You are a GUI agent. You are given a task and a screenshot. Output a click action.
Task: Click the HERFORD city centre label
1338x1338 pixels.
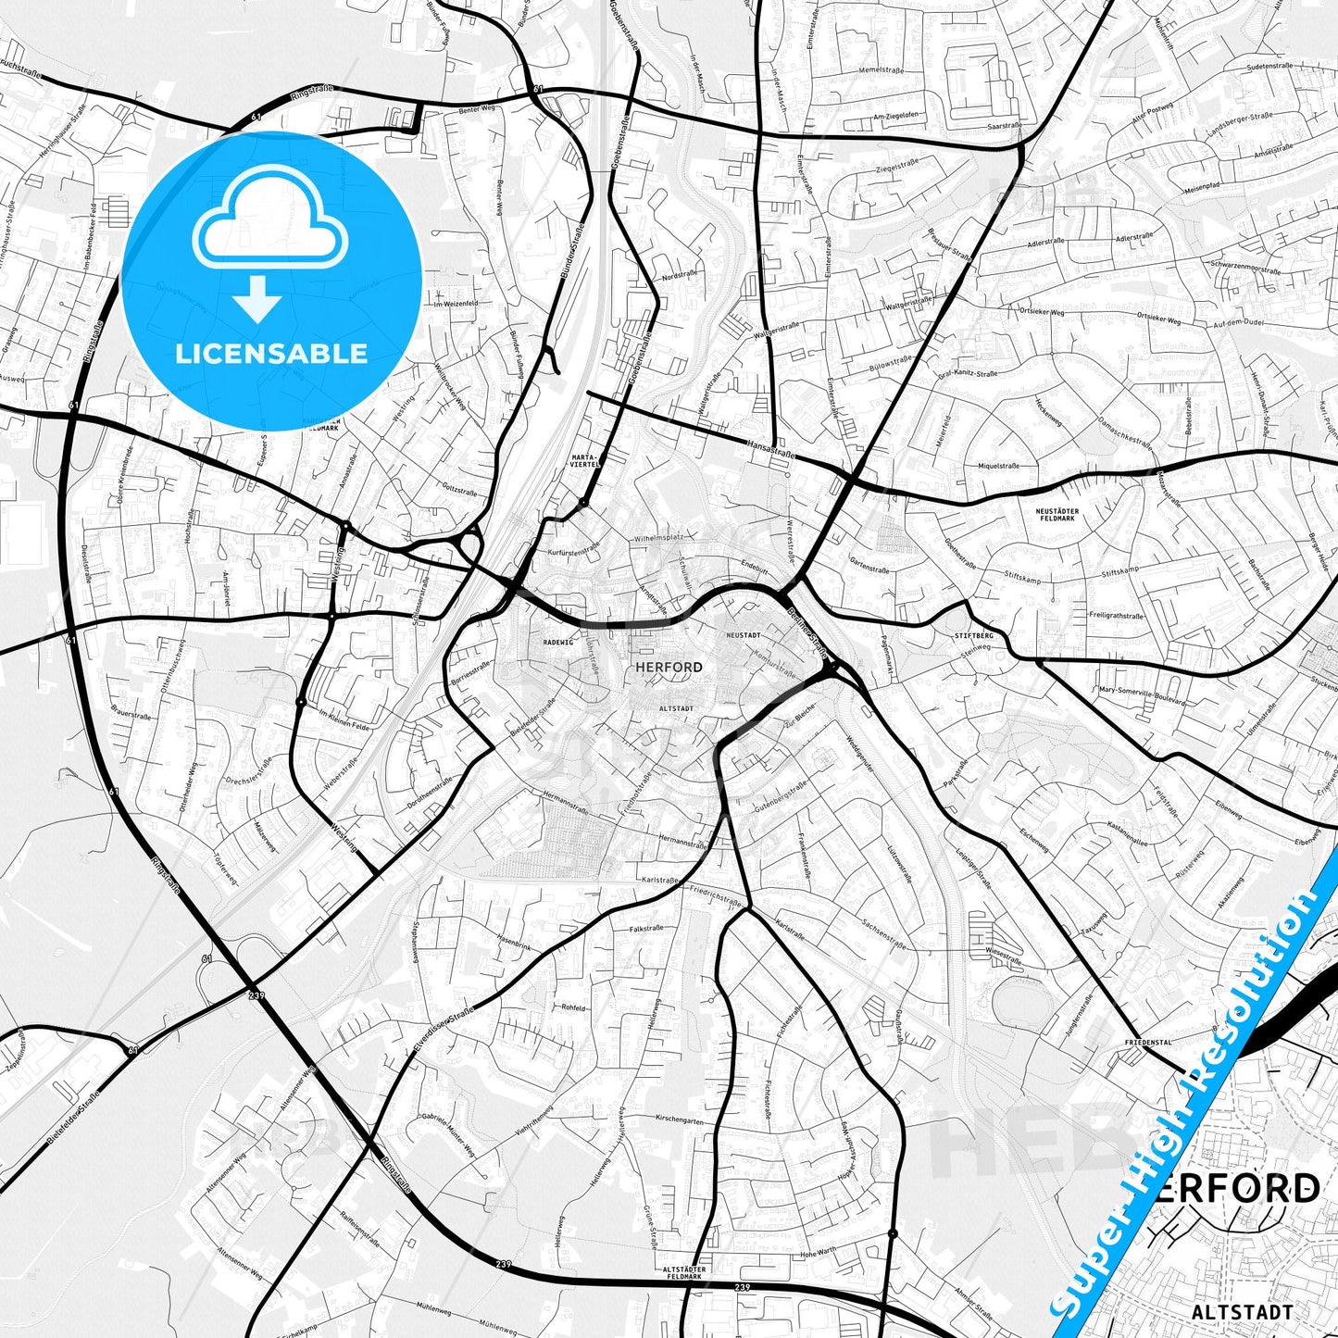pos(669,667)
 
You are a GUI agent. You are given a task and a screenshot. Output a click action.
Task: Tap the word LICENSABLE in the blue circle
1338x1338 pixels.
pos(271,354)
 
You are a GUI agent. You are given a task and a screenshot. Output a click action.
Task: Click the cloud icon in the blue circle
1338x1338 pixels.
pos(269,218)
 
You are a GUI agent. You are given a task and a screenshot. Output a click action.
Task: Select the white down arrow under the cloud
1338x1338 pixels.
pos(257,299)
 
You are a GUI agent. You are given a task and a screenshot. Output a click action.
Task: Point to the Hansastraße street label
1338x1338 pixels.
pos(770,450)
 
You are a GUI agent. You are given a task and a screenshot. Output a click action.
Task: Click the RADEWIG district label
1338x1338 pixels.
pos(558,642)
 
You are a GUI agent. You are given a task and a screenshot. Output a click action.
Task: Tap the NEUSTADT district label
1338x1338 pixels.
pos(744,636)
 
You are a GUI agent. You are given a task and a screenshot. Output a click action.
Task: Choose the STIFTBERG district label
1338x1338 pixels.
pos(973,636)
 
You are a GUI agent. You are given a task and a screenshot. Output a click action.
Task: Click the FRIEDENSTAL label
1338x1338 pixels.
pos(1148,1043)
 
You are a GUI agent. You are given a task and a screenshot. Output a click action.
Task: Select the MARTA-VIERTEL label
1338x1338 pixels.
pos(585,460)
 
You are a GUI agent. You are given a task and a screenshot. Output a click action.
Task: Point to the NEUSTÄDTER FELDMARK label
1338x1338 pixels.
pos(1057,514)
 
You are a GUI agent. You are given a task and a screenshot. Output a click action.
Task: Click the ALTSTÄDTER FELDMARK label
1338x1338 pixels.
pos(685,1272)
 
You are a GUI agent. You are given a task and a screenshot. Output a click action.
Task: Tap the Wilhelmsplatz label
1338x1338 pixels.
pos(658,538)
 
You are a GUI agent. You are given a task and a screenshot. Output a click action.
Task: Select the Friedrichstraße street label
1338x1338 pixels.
pos(716,894)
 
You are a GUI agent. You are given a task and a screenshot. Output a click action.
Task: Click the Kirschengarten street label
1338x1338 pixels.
pos(680,1120)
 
